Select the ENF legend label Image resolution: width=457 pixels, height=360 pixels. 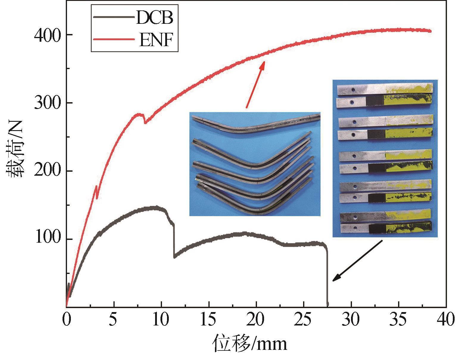pyautogui.click(x=156, y=40)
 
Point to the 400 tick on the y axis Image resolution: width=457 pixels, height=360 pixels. pyautogui.click(x=48, y=35)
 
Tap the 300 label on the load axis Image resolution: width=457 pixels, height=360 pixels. pyautogui.click(x=48, y=103)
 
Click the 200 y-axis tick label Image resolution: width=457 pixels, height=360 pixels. pyautogui.click(x=48, y=171)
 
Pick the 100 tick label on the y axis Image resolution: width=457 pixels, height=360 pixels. pyautogui.click(x=48, y=239)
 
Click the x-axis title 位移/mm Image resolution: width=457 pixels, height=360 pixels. pyautogui.click(x=249, y=343)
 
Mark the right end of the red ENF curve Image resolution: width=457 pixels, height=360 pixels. pyautogui.click(x=430, y=31)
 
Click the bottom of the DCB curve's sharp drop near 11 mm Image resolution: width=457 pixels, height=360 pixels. pyautogui.click(x=174, y=257)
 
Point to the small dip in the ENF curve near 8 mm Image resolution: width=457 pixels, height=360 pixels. pyautogui.click(x=145, y=122)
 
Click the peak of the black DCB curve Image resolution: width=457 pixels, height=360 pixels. pyautogui.click(x=155, y=208)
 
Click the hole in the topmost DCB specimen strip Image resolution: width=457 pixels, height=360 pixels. pyautogui.click(x=353, y=89)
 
